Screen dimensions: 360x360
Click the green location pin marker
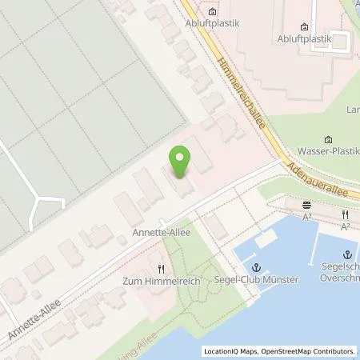click(x=180, y=159)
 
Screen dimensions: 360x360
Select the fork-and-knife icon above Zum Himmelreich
click(x=161, y=270)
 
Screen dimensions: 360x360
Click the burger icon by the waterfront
click(x=307, y=205)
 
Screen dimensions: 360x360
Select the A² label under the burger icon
click(x=307, y=216)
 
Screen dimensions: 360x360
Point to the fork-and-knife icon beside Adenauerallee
click(x=345, y=215)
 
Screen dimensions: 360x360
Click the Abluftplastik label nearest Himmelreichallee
click(x=212, y=23)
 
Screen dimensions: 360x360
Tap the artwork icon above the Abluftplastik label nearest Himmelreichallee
click(x=212, y=12)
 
